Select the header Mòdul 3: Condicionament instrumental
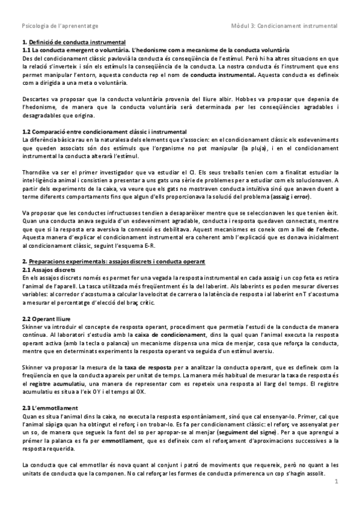pos(284,26)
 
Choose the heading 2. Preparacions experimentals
pos(113,262)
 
